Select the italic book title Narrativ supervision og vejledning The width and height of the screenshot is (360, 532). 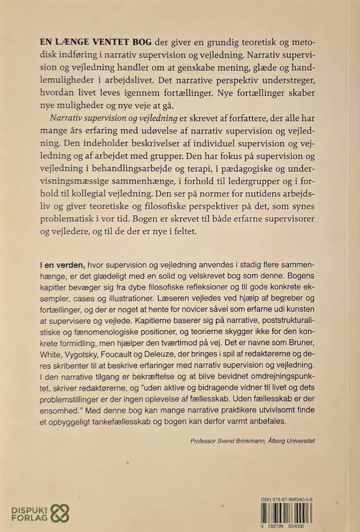[114, 119]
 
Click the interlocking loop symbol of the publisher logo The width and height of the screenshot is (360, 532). [60, 513]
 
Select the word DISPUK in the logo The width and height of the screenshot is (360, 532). [28, 509]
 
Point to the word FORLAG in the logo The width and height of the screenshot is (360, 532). [28, 518]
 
